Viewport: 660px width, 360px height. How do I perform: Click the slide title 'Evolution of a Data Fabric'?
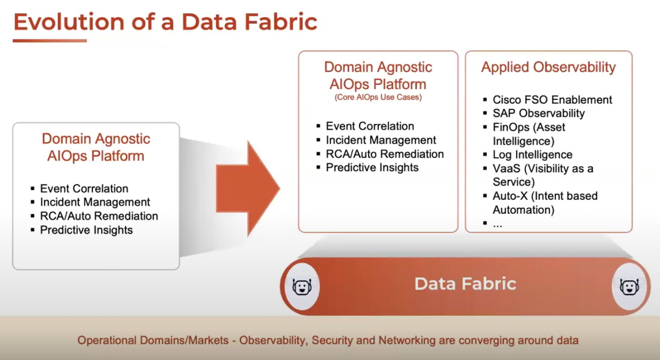165,22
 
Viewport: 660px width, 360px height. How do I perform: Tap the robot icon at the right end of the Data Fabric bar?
629,287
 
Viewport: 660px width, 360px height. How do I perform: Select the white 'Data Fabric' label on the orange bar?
465,284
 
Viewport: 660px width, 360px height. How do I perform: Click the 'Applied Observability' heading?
548,67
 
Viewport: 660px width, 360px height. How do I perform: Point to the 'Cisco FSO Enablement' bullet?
552,100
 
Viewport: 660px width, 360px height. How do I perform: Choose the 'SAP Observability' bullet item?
539,113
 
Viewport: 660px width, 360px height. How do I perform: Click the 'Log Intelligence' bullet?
532,155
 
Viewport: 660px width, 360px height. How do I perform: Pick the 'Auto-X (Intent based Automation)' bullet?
544,203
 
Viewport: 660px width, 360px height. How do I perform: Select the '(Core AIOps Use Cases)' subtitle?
378,98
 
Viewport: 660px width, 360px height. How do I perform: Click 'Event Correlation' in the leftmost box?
84,189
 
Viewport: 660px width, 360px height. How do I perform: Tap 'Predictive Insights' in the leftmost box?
86,230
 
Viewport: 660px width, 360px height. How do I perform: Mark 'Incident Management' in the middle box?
381,140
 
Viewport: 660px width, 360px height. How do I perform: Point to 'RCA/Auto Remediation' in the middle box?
385,154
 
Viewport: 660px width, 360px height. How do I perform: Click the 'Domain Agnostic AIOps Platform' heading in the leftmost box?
96,147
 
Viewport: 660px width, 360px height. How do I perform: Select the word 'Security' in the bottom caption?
332,340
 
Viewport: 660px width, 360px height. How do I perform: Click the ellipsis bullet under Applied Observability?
497,224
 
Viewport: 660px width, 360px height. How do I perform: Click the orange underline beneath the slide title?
50,40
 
